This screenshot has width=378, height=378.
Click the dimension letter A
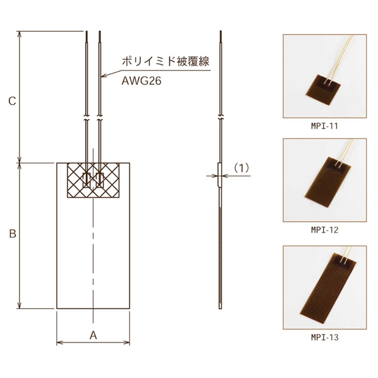coord(93,335)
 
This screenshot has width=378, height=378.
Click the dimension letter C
coord(12,101)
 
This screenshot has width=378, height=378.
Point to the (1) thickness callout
coord(242,168)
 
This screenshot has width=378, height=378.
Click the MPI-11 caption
coord(324,126)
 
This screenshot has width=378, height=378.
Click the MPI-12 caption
coord(324,231)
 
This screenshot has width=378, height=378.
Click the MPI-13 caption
coord(324,337)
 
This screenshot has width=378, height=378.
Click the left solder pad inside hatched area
coord(86,180)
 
